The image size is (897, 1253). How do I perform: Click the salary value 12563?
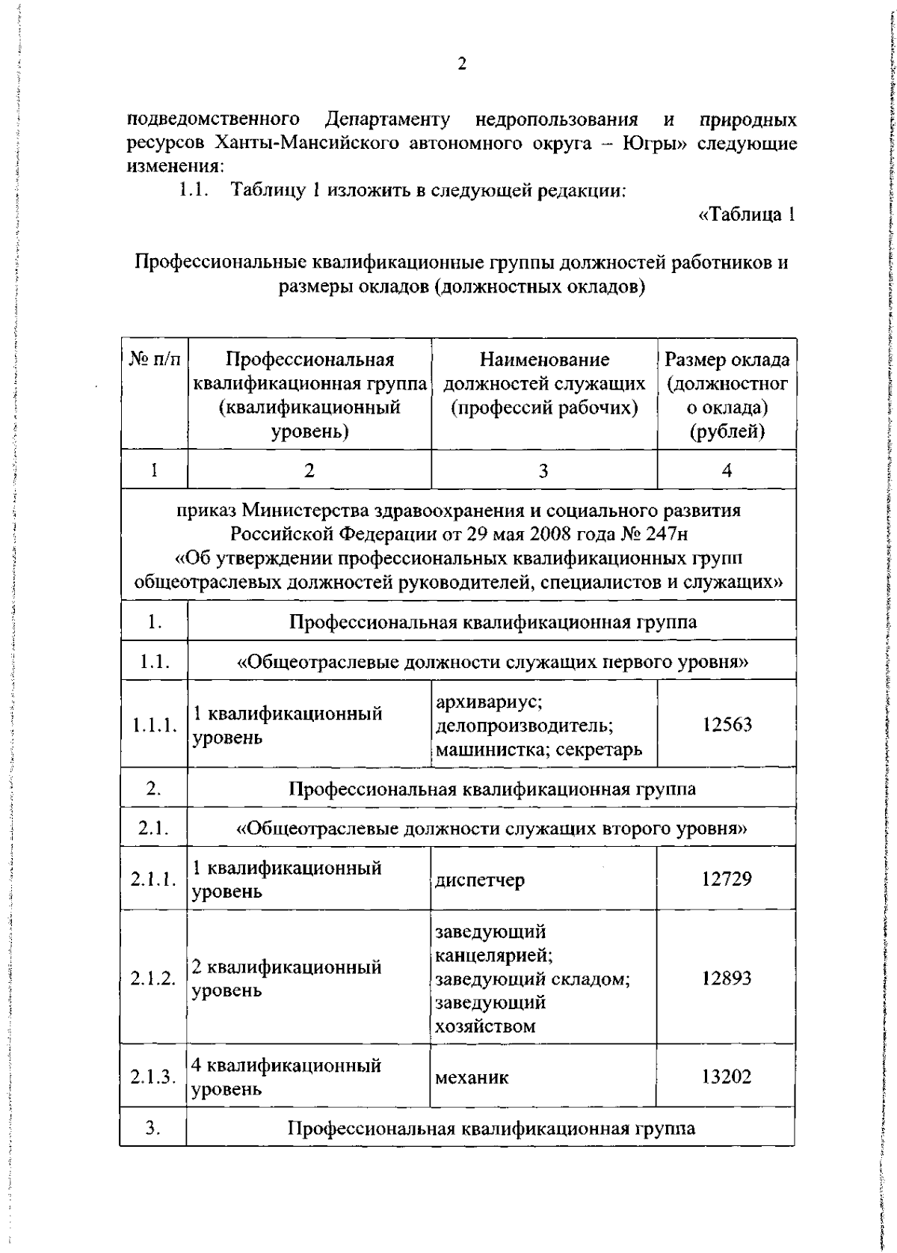(x=726, y=724)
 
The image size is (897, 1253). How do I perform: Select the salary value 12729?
(x=726, y=879)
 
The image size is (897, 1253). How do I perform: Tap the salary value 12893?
(x=726, y=978)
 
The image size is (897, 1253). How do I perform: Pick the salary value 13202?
(x=726, y=1076)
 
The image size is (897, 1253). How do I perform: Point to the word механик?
(x=472, y=1077)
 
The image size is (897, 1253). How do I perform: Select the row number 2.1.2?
(x=153, y=978)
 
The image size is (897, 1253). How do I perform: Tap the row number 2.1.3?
(x=153, y=1077)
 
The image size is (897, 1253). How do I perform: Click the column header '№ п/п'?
(x=155, y=360)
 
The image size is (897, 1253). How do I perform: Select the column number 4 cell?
(x=727, y=470)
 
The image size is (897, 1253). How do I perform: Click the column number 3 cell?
(x=543, y=470)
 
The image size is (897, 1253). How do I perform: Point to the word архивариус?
(x=488, y=702)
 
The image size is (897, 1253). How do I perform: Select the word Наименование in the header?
(x=544, y=360)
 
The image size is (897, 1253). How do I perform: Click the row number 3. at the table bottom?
(x=153, y=1128)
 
